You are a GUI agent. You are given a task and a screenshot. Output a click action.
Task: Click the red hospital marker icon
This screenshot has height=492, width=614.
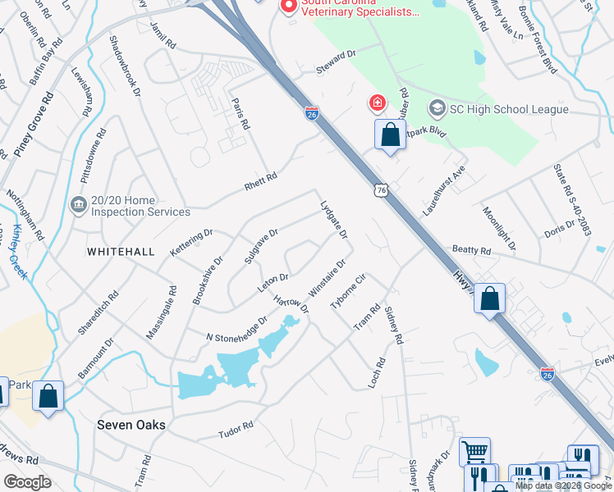[376, 103]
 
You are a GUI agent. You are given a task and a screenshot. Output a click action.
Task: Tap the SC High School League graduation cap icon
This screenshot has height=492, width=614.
[437, 109]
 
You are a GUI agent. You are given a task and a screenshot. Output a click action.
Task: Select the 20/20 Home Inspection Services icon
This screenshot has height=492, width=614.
[79, 203]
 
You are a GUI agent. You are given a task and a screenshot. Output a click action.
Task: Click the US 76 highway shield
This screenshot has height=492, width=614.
[378, 190]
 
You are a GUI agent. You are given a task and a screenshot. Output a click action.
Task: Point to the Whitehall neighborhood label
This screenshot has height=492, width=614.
[121, 252]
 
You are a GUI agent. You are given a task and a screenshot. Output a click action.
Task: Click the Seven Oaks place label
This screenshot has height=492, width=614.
[131, 425]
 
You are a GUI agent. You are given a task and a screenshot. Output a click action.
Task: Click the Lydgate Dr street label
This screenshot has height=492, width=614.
[334, 217]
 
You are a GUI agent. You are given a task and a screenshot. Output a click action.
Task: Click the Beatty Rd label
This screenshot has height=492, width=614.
[471, 249]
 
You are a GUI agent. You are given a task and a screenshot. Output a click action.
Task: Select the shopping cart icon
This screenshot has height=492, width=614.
[474, 450]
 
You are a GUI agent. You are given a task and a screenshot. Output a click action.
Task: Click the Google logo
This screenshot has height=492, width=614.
[27, 482]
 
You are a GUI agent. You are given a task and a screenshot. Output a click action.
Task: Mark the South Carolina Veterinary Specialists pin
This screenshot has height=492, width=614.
[288, 7]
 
